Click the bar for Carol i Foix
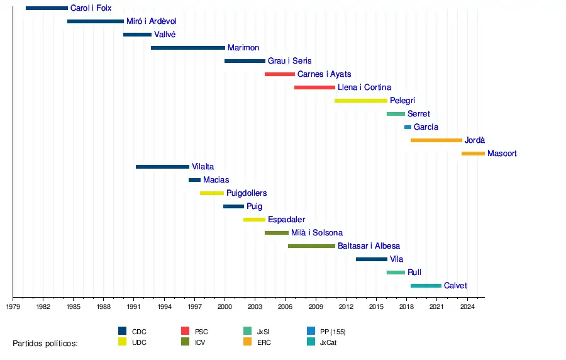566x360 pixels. tap(47, 8)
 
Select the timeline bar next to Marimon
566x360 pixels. tap(187, 48)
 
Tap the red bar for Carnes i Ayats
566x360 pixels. tap(279, 74)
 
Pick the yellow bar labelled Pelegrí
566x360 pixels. tap(360, 101)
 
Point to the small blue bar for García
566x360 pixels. tap(408, 127)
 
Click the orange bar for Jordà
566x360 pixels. tap(436, 140)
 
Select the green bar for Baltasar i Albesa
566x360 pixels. tap(311, 246)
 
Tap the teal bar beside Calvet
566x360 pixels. tap(426, 286)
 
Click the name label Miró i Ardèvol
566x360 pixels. tap(152, 21)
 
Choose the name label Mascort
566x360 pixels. tap(502, 154)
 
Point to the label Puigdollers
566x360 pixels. tap(247, 193)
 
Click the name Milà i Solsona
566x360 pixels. tap(317, 233)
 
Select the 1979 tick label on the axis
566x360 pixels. tap(13, 307)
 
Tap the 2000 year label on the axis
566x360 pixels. tap(225, 307)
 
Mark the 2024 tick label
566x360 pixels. tap(467, 307)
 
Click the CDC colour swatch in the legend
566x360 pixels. tap(123, 331)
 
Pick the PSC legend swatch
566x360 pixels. tap(186, 331)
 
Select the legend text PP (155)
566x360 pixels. tap(333, 332)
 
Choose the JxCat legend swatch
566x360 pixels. tap(311, 342)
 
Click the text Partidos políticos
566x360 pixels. tap(45, 343)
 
